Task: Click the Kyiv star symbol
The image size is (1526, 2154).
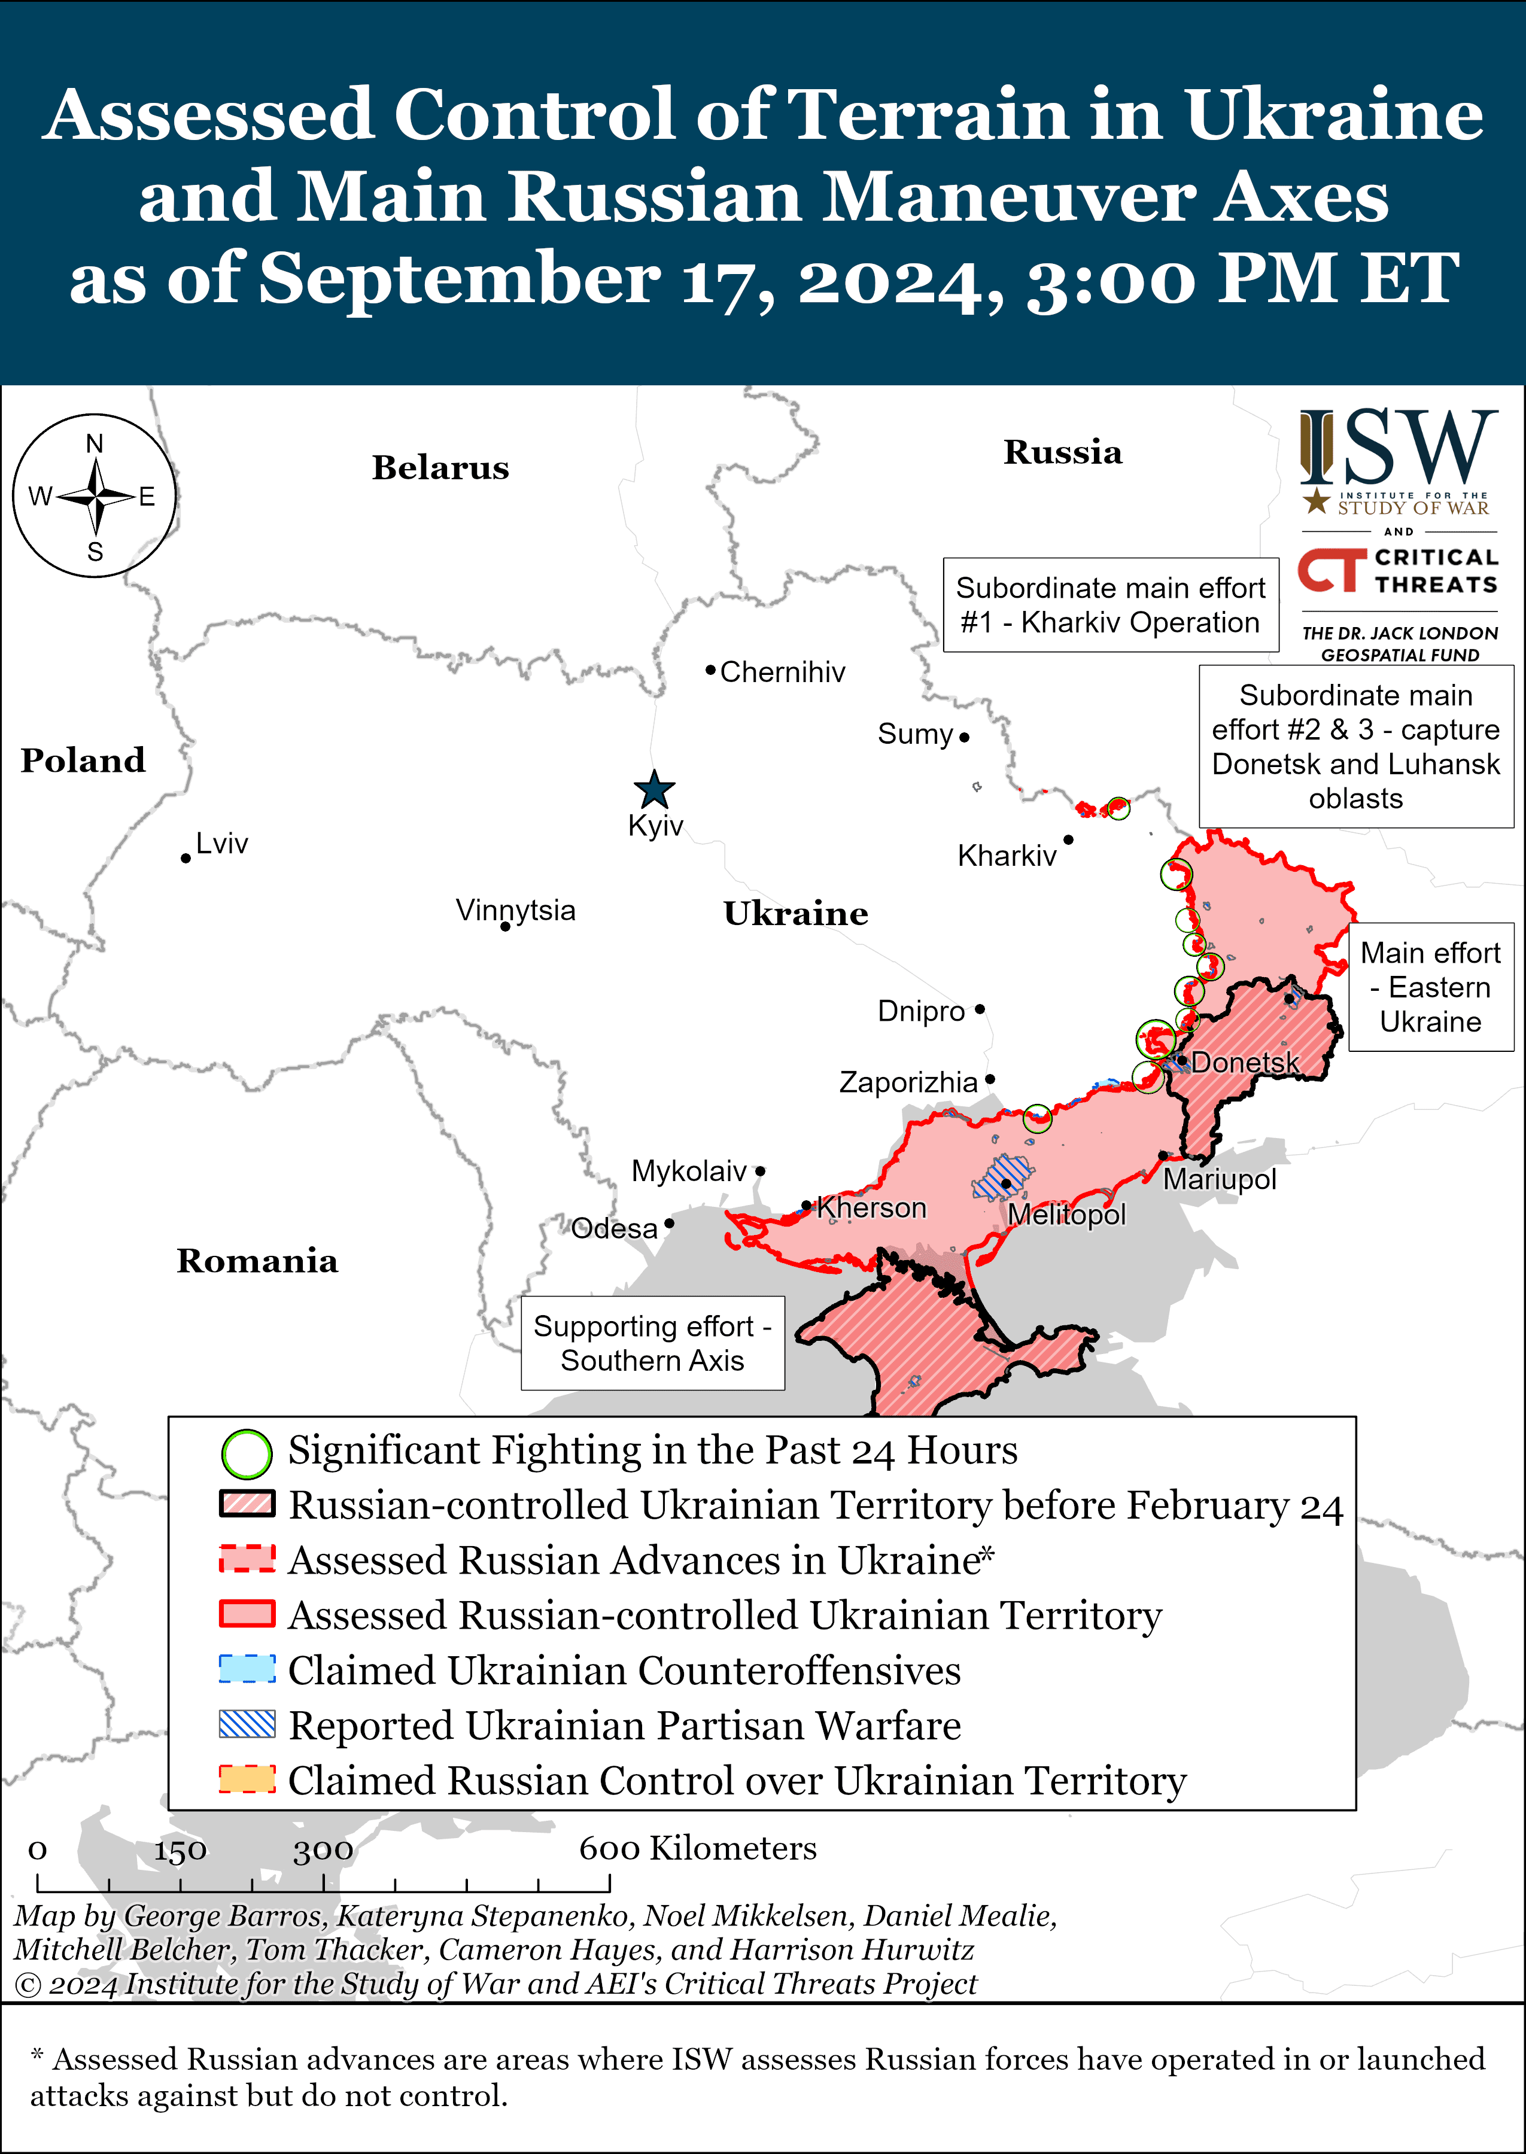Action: pyautogui.click(x=654, y=790)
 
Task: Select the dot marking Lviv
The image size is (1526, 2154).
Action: pyautogui.click(x=186, y=859)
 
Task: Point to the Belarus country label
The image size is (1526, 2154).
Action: pyautogui.click(x=440, y=468)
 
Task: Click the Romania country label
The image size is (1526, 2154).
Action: pyautogui.click(x=257, y=1261)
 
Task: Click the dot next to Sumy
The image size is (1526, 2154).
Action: pyautogui.click(x=964, y=737)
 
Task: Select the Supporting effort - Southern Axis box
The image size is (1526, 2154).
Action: pyautogui.click(x=652, y=1343)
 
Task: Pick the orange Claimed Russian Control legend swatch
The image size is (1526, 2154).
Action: pyautogui.click(x=247, y=1779)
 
